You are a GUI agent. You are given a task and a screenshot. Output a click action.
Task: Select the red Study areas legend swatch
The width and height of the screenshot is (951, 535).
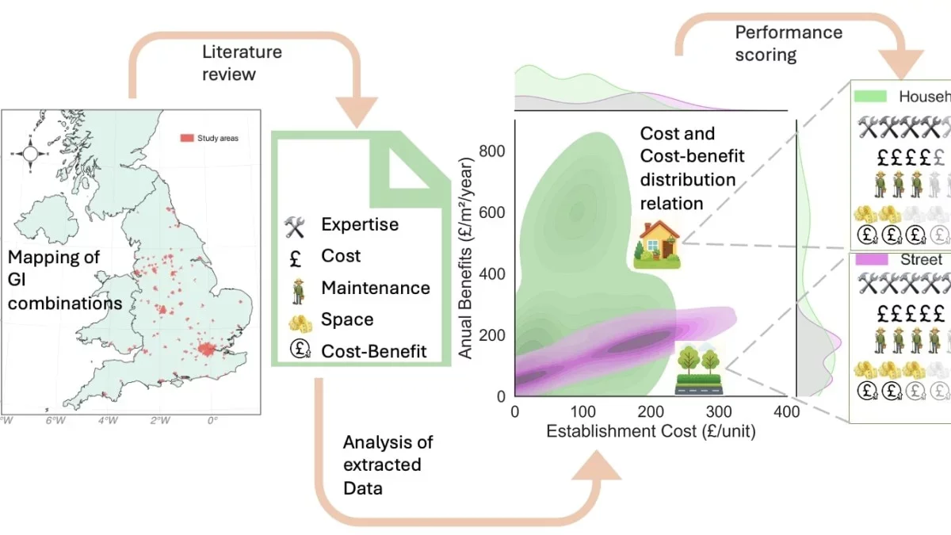pyautogui.click(x=186, y=138)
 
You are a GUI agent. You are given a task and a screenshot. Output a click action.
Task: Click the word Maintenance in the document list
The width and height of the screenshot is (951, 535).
pyautogui.click(x=375, y=288)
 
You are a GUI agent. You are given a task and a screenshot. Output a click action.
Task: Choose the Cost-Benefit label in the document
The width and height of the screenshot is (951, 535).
pyautogui.click(x=373, y=351)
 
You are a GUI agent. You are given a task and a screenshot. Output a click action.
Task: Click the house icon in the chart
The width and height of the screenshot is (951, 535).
pyautogui.click(x=657, y=243)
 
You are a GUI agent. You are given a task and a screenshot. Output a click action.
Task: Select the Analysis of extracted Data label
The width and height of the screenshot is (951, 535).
pyautogui.click(x=388, y=464)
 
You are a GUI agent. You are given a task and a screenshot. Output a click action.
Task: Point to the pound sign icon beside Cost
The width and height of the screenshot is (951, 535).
pyautogui.click(x=295, y=257)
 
